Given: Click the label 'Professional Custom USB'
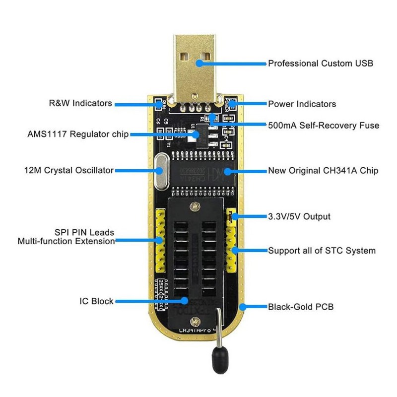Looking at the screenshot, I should click(x=320, y=64).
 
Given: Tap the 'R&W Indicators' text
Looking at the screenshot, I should click(x=80, y=104).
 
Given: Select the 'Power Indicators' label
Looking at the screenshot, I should click(x=302, y=104).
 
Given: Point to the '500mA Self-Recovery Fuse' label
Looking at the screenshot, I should click(x=324, y=126).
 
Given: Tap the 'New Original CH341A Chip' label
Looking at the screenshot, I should click(x=323, y=171).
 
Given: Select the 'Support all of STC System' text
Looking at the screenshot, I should click(x=322, y=251).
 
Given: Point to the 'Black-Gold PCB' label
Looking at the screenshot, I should click(x=301, y=307).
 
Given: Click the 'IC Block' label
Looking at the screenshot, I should click(x=96, y=301).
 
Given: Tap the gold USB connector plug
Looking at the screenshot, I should click(x=196, y=65).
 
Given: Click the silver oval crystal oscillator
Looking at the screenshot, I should click(x=160, y=171).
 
